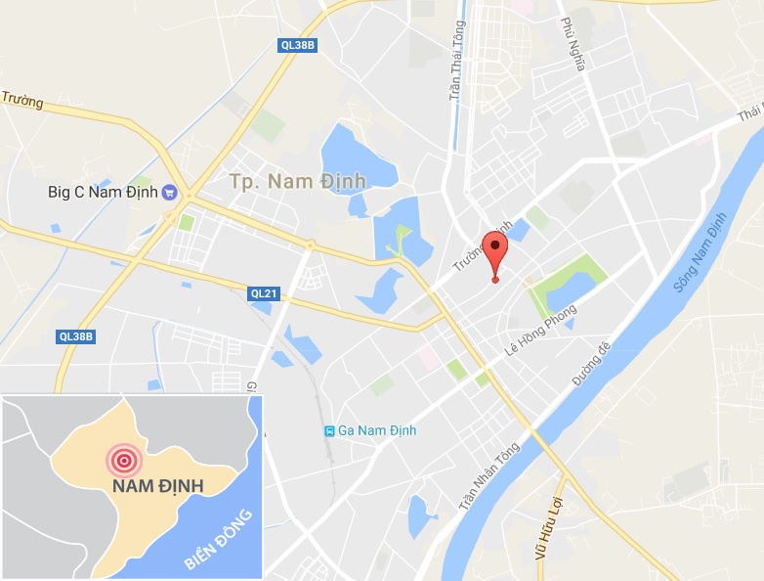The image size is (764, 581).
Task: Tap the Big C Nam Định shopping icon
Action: tap(169, 192)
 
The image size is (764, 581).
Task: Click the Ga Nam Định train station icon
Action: tap(330, 430)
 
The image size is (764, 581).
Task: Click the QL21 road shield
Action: tap(264, 291)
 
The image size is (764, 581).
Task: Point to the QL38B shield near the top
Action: tap(298, 44)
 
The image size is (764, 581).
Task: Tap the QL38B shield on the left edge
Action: tap(75, 336)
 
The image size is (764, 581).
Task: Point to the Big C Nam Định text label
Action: tap(101, 192)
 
